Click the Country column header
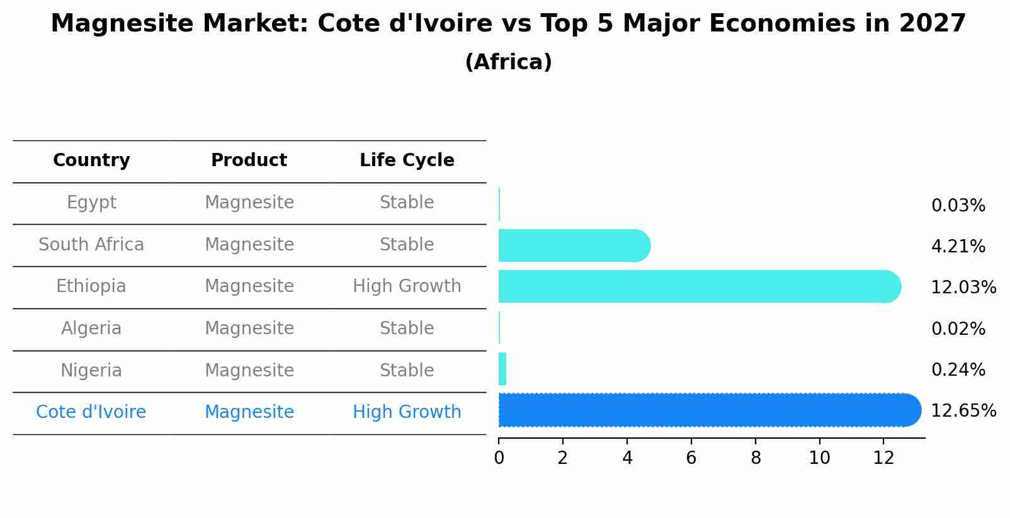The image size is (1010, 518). (x=91, y=160)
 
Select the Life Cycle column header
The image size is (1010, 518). (x=407, y=160)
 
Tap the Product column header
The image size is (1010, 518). (x=249, y=160)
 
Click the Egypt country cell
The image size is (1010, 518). (x=91, y=203)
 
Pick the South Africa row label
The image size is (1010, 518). (x=91, y=245)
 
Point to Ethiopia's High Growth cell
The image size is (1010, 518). (x=407, y=286)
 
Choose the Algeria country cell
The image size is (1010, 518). (x=91, y=329)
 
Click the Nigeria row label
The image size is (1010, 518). (x=91, y=371)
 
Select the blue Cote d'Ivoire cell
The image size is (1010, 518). (x=91, y=412)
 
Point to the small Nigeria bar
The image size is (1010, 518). (x=502, y=369)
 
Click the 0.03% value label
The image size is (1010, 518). (x=958, y=206)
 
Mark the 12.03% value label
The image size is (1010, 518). (x=963, y=288)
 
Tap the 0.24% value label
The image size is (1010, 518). (x=958, y=370)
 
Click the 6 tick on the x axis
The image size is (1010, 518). (x=691, y=458)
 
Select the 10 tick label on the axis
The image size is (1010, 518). (x=819, y=458)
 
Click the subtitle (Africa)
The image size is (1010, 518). (x=508, y=62)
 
